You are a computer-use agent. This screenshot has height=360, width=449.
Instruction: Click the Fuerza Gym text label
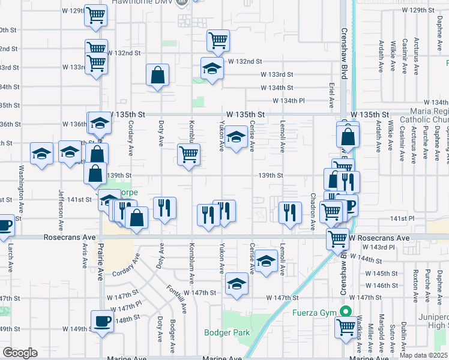tap(313, 312)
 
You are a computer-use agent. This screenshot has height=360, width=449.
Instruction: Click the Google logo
tap(20, 353)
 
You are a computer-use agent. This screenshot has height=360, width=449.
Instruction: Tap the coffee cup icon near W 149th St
tap(102, 321)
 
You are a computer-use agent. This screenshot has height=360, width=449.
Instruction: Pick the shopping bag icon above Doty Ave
tap(158, 76)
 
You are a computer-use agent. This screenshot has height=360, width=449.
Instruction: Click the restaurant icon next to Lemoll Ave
tap(290, 213)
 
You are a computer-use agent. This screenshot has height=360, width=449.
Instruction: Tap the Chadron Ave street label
tap(313, 211)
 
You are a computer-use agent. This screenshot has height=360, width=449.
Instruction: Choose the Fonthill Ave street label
tap(176, 299)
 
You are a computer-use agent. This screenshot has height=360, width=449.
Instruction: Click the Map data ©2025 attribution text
tap(423, 355)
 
